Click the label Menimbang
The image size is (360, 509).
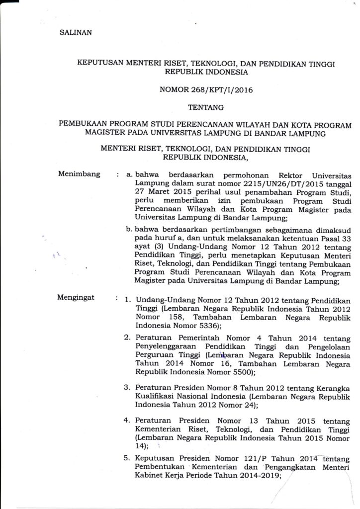click(x=80, y=174)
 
